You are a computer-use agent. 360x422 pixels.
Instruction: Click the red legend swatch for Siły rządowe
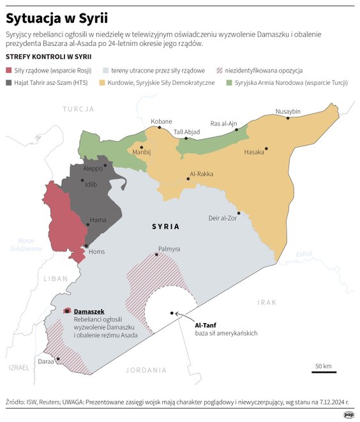[8, 70]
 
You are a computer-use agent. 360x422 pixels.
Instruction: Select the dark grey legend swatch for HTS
[8, 83]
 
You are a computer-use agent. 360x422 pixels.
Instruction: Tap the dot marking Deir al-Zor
[238, 213]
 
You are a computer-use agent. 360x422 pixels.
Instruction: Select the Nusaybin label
[287, 112]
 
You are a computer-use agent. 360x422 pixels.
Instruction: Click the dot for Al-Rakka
[188, 179]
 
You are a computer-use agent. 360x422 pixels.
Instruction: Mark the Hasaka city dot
[266, 149]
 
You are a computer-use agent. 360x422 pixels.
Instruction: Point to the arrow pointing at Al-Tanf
[183, 316]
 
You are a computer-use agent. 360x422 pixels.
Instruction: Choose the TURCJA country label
[78, 110]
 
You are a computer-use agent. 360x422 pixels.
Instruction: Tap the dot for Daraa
[58, 359]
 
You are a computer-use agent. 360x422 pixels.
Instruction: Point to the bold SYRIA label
[165, 227]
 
